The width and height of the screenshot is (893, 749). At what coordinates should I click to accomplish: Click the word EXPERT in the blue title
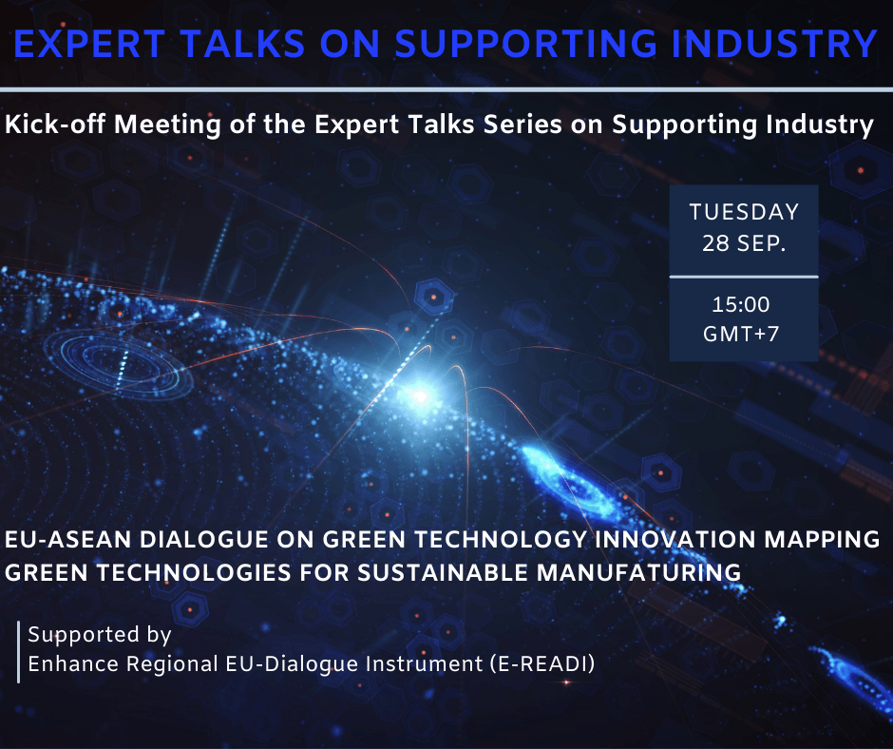[x=89, y=44]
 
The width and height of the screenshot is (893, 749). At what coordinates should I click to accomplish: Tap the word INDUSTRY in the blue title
[x=774, y=44]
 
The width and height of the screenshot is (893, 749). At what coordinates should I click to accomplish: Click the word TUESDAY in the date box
[x=745, y=212]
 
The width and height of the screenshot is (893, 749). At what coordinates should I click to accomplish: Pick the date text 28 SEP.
[x=744, y=243]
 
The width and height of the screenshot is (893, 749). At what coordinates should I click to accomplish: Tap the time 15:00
[x=741, y=304]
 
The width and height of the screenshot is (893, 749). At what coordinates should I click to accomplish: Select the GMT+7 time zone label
[x=741, y=334]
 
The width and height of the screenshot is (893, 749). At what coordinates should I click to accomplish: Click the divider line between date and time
[x=744, y=277]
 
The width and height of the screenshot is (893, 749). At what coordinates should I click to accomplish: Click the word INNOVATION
[x=674, y=539]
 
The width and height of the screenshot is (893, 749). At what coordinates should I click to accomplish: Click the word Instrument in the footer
[x=425, y=664]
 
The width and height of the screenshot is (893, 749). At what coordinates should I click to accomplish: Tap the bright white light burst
[x=420, y=395]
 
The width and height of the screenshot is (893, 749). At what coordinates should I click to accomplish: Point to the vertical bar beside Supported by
[x=19, y=651]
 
